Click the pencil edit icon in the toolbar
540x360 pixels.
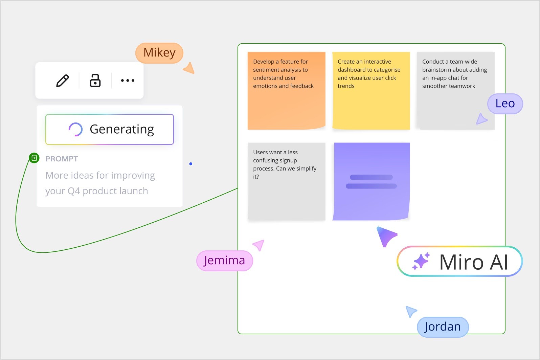tap(63, 81)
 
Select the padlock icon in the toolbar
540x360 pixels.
tap(95, 81)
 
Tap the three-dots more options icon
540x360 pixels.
tap(128, 81)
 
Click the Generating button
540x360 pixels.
tap(110, 129)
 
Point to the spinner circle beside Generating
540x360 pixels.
tap(75, 129)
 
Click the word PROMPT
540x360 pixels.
tap(62, 159)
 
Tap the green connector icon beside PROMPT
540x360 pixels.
tap(34, 158)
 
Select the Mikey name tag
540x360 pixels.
tap(159, 53)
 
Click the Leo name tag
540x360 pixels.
tap(505, 104)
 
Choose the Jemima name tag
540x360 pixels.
tap(224, 261)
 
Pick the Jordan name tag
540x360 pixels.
tap(443, 327)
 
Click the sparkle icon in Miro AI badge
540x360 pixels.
tap(421, 262)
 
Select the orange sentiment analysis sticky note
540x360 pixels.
tap(286, 91)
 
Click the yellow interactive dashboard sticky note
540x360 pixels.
tap(371, 91)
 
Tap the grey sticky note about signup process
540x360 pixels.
tap(286, 181)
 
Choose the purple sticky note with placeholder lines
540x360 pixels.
tap(371, 181)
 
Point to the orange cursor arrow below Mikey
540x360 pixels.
tap(189, 68)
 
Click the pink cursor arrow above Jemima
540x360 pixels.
tap(259, 245)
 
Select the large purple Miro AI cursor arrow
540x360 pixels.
tap(386, 236)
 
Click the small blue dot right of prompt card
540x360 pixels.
tap(191, 164)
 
